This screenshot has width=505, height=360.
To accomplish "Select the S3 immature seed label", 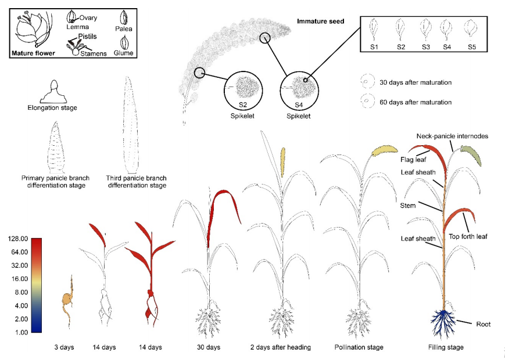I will point(426,46).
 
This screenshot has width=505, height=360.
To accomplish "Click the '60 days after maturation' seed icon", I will point(367,101).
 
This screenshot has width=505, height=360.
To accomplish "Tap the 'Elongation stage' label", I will point(52,107).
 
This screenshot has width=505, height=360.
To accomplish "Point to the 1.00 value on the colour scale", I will point(20,332).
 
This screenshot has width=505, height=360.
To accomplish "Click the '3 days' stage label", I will point(65,347).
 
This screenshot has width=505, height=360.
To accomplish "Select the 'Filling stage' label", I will point(444,347).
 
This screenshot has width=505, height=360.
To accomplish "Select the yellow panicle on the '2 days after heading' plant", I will point(283,163).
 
